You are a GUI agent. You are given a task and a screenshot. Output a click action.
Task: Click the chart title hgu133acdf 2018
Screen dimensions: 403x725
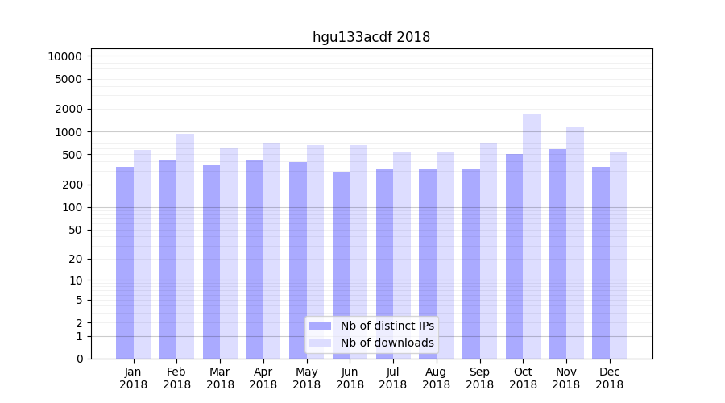[x=371, y=37]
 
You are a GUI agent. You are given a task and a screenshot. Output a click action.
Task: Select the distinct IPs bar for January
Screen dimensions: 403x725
[x=125, y=263]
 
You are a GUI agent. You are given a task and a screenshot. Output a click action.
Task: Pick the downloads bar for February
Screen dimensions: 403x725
[x=185, y=246]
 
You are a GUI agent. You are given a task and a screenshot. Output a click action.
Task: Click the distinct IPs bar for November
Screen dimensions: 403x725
[x=557, y=254]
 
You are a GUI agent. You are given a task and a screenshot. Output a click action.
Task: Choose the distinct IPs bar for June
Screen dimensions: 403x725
[x=342, y=265]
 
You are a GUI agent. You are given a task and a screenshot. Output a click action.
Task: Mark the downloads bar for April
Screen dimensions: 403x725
[x=271, y=251]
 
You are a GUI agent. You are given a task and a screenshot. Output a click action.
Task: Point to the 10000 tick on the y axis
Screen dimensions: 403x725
[x=64, y=56]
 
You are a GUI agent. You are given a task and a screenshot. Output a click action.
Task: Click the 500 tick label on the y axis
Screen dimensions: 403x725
[x=71, y=155]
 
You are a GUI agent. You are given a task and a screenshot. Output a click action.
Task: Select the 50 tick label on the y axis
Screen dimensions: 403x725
[x=74, y=230]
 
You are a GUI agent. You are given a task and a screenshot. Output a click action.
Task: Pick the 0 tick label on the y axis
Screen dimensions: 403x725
[x=79, y=359]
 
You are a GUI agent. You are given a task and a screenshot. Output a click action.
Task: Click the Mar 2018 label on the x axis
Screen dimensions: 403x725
[x=220, y=378]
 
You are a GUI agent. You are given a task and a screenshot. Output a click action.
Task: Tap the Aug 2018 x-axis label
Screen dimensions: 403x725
[x=436, y=378]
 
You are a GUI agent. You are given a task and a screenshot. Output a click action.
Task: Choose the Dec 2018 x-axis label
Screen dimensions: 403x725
[x=609, y=378]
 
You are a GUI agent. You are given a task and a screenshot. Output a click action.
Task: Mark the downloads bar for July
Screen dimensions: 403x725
[x=402, y=256]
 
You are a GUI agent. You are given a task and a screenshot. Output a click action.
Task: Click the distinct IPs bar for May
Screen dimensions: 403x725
[x=298, y=260]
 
